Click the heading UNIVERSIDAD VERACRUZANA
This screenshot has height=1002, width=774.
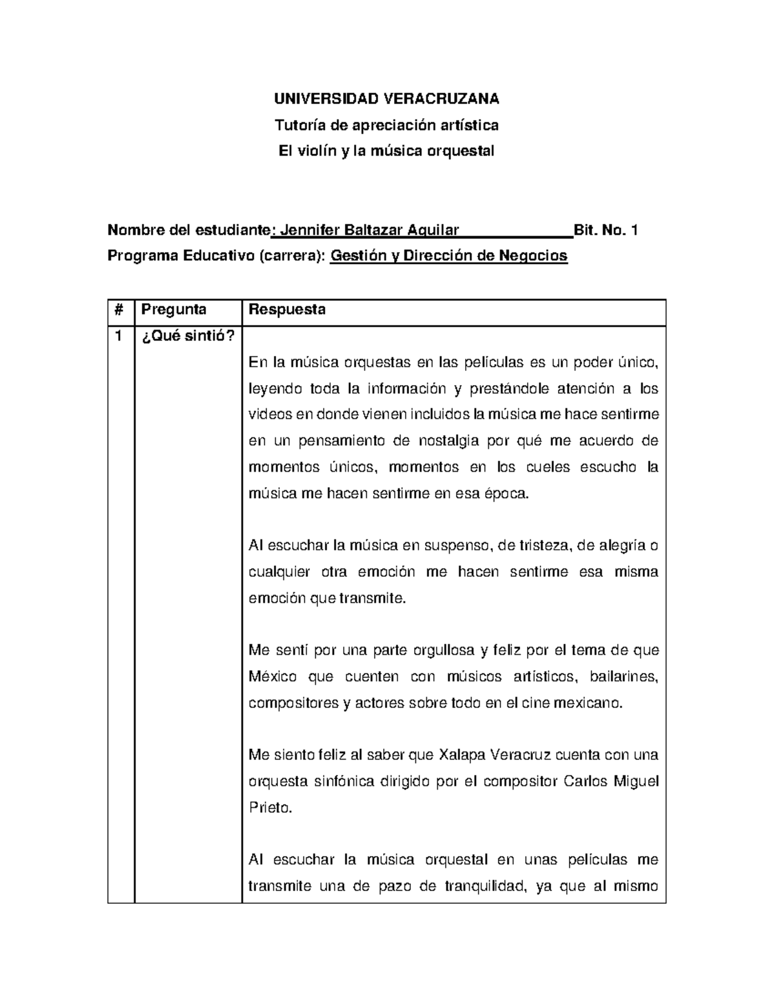[x=386, y=98]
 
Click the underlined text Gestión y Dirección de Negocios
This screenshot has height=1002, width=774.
[x=448, y=256]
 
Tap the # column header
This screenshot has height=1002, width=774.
[x=119, y=310]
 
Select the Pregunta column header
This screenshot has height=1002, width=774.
[x=174, y=310]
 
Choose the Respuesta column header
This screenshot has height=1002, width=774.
[x=287, y=310]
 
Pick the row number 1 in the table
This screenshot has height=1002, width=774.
[x=118, y=336]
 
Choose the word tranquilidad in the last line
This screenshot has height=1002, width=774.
[x=485, y=886]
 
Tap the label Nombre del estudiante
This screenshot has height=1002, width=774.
[x=189, y=230]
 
